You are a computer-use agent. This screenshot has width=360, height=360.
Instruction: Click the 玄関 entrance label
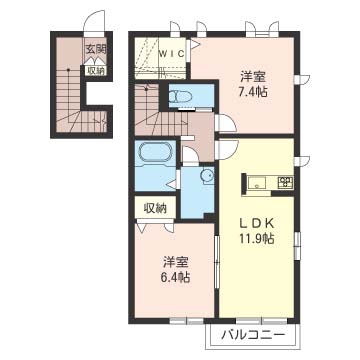(96, 50)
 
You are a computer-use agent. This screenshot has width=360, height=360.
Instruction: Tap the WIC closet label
(171, 54)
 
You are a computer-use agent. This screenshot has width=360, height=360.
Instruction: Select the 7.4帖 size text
(254, 92)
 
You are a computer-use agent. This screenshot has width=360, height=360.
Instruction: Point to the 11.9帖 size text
(258, 238)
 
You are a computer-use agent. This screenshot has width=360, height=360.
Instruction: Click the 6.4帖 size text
(176, 277)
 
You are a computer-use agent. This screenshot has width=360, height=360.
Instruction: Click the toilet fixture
(180, 96)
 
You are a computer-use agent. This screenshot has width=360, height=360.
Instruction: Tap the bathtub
(155, 152)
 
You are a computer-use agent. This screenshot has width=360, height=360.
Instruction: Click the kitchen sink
(256, 183)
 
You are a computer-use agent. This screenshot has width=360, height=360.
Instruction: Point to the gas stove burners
(286, 182)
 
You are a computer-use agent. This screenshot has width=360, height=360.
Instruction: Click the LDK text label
(257, 223)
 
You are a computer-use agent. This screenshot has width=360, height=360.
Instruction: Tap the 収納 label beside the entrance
(96, 70)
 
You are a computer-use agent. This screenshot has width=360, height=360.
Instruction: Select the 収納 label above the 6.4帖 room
(155, 208)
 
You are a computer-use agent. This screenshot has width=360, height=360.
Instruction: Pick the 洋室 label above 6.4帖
(176, 262)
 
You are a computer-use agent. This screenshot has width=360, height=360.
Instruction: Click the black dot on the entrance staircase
(68, 70)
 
